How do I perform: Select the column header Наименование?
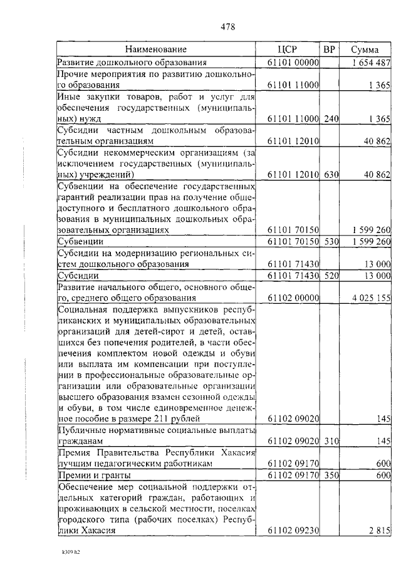(x=155, y=49)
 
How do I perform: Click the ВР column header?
(x=329, y=49)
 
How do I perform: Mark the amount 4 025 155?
(x=371, y=298)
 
